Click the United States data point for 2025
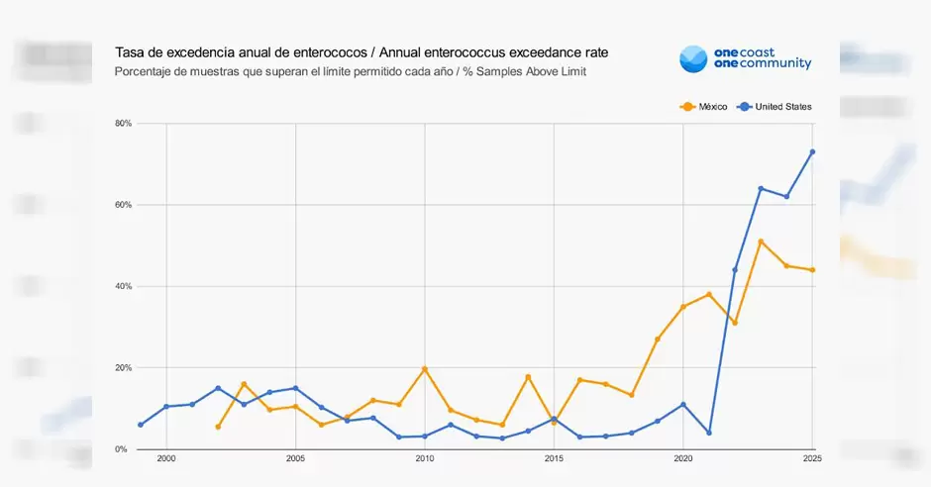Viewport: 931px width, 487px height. [812, 151]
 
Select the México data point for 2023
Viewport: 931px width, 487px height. [761, 242]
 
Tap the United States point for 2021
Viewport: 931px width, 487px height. [709, 433]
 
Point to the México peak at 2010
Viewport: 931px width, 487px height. [425, 369]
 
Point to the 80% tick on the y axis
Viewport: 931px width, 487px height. [124, 124]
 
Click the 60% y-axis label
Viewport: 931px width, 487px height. [124, 205]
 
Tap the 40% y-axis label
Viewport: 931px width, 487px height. [124, 286]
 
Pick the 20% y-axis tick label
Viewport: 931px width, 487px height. [124, 368]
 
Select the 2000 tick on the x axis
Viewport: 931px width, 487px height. [166, 459]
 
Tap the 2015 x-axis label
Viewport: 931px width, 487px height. [554, 459]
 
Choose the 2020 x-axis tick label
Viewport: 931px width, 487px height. [683, 459]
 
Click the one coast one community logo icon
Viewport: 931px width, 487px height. [693, 58]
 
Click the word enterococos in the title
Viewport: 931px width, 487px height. [294, 51]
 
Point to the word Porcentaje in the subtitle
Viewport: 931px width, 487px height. [145, 71]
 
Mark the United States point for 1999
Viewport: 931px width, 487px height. [141, 425]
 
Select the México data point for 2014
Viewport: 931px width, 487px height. [528, 377]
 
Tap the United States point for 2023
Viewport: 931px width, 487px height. [761, 188]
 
